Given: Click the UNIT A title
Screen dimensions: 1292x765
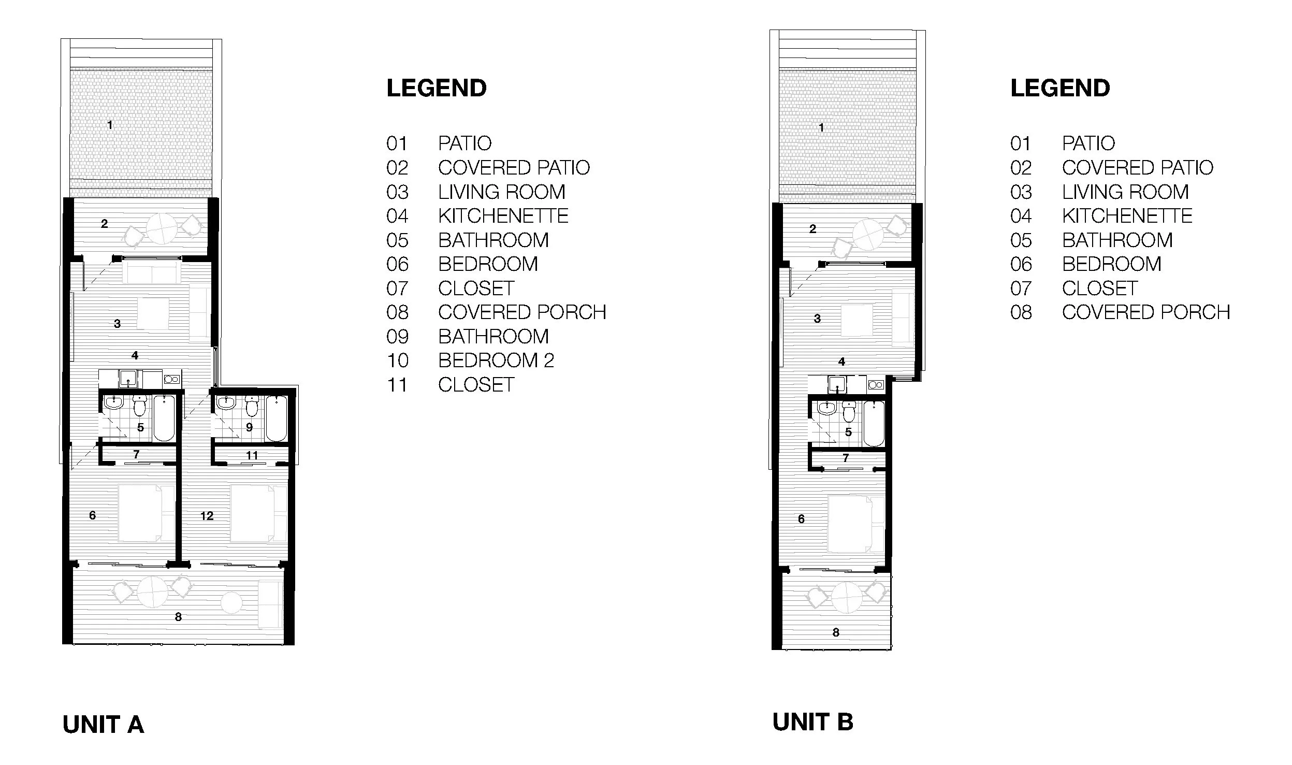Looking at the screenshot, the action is (103, 725).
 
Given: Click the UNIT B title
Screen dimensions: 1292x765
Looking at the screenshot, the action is (812, 722).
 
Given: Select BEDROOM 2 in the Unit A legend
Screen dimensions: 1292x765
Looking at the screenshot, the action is (496, 360).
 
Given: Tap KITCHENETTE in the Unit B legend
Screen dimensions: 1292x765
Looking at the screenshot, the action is (1127, 216).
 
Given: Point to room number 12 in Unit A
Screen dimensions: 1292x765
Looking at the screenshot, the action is (207, 516).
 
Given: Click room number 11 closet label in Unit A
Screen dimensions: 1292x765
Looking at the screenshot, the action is (252, 455).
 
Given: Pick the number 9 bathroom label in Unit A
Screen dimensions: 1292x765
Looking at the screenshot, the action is (249, 427).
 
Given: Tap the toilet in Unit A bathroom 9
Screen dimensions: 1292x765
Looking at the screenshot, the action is (252, 406).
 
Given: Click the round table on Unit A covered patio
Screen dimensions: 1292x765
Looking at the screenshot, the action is (163, 228).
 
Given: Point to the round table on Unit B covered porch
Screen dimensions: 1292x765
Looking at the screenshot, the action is (847, 597).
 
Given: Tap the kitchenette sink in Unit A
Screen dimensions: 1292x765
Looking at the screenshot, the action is (128, 379).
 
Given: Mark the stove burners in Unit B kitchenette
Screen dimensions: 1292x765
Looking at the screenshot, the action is (876, 385).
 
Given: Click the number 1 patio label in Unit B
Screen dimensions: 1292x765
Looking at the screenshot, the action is (821, 127).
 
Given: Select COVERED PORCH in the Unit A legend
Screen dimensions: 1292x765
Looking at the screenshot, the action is (522, 312).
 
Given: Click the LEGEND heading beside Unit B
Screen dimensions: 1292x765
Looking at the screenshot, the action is (1060, 89).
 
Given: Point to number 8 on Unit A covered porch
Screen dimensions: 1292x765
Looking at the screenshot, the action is (178, 617).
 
